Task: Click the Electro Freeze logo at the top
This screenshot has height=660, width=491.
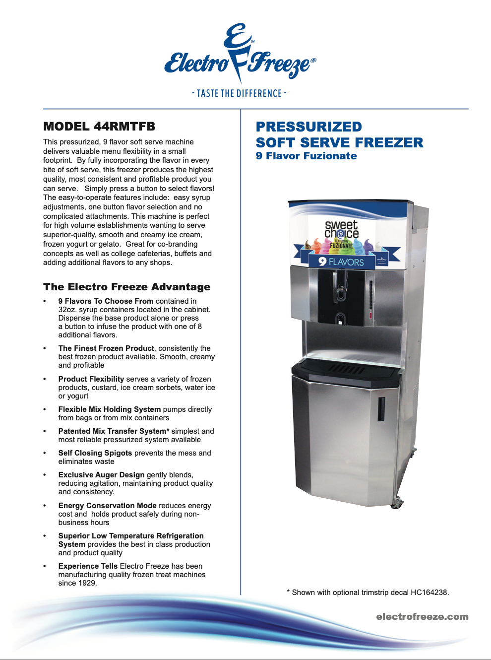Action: pyautogui.click(x=240, y=54)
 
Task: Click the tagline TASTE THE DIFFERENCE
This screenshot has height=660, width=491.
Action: pyautogui.click(x=239, y=93)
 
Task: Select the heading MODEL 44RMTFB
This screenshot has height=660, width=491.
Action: pyautogui.click(x=99, y=127)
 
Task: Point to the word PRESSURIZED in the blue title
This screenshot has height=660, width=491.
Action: pyautogui.click(x=308, y=127)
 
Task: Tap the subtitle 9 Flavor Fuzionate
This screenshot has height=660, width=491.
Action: pyautogui.click(x=306, y=156)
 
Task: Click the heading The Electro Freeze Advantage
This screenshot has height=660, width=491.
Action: pyautogui.click(x=126, y=287)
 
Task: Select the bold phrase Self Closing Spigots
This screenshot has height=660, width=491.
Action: pyautogui.click(x=95, y=453)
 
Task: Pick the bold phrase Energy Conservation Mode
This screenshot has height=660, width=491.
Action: pyautogui.click(x=107, y=506)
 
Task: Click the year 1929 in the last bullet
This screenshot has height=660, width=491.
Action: pyautogui.click(x=87, y=583)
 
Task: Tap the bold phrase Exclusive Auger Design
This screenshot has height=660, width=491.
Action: pyautogui.click(x=101, y=475)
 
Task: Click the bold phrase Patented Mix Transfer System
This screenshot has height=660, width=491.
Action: pyautogui.click(x=112, y=431)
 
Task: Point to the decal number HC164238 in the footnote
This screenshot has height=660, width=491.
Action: pyautogui.click(x=429, y=593)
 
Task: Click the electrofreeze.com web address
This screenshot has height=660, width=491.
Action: pyautogui.click(x=422, y=617)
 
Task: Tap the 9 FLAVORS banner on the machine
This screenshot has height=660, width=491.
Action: pyautogui.click(x=341, y=262)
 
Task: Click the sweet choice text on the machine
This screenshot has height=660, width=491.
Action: pyautogui.click(x=341, y=229)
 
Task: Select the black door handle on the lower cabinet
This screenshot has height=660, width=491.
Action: pyautogui.click(x=381, y=408)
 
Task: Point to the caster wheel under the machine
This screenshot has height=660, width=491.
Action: pyautogui.click(x=397, y=503)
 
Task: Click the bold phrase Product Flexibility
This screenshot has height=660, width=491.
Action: pyautogui.click(x=91, y=379)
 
